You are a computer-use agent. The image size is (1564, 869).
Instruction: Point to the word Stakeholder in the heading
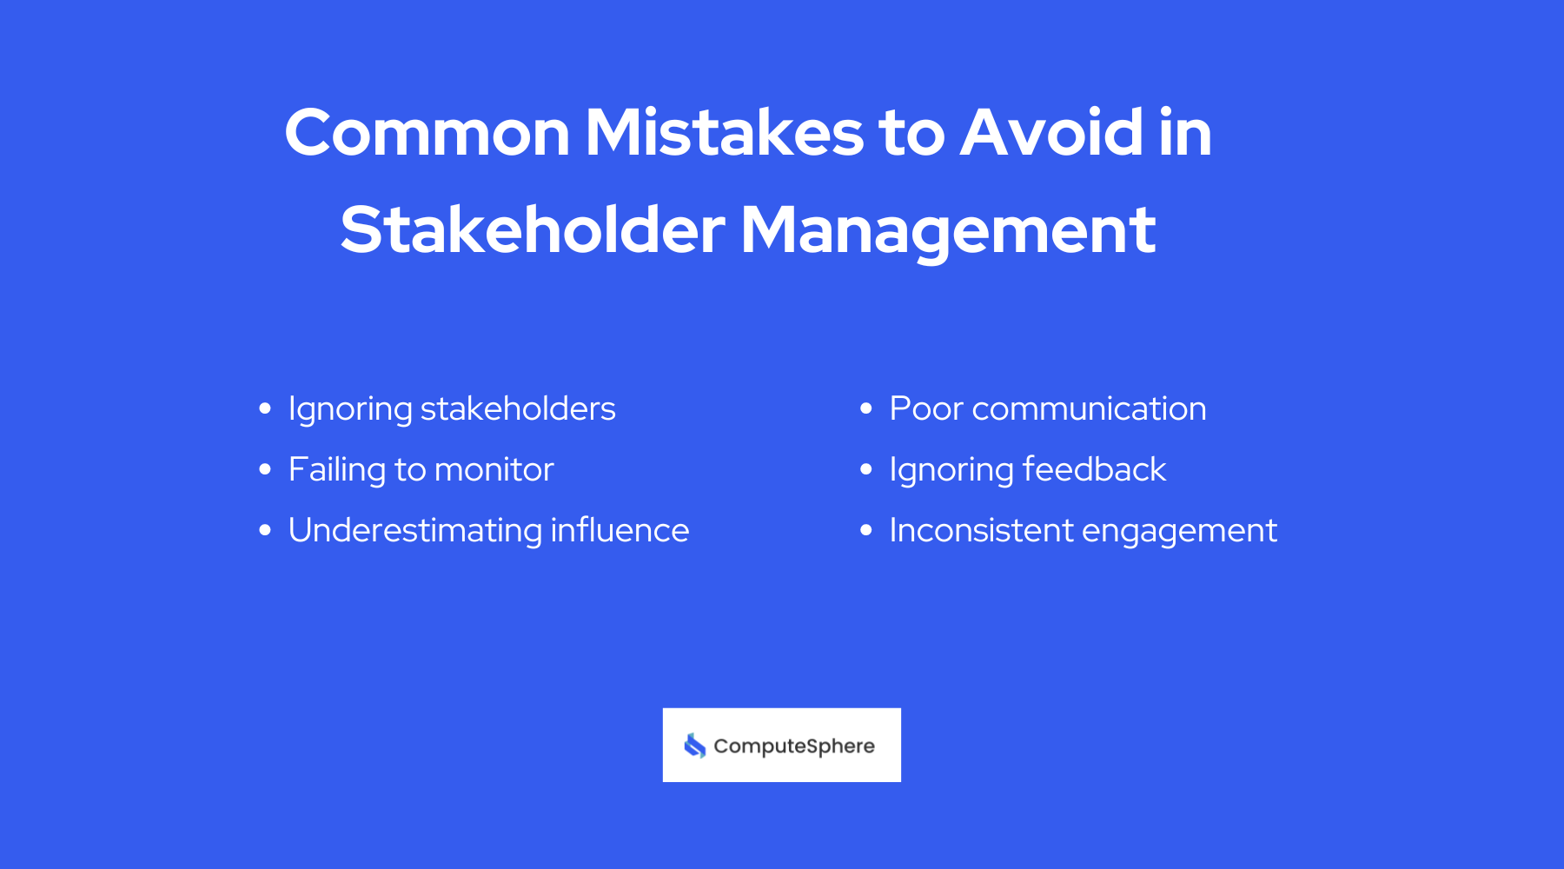[533, 230]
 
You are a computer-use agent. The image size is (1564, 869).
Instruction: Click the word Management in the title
[948, 230]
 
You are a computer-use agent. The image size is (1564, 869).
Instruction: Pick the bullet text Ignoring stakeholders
[452, 409]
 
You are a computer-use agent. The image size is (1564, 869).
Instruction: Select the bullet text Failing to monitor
[421, 470]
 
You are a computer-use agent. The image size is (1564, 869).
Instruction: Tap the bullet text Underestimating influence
[488, 531]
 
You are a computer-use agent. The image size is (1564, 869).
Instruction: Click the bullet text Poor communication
[1048, 409]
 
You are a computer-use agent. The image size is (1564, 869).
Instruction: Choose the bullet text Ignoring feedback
[1027, 470]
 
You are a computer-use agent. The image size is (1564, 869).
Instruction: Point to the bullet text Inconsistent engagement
[1083, 531]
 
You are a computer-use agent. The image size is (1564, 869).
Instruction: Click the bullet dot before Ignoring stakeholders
[265, 409]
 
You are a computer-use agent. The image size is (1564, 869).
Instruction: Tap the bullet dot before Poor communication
[865, 409]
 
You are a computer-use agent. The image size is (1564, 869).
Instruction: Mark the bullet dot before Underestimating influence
[265, 531]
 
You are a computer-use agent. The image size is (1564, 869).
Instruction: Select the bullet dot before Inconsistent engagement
[865, 531]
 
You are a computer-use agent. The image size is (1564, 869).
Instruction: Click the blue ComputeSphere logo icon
[695, 746]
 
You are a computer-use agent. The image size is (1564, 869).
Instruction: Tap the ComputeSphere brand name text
[794, 746]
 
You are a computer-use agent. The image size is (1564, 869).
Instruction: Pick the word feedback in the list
[1094, 470]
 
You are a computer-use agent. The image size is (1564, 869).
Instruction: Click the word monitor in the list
[494, 470]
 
